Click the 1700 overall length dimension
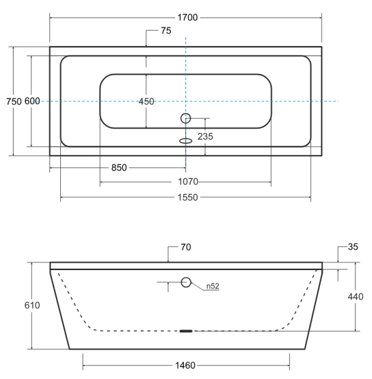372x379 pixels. point(188,18)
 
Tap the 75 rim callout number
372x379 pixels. point(166,31)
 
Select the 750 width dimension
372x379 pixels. point(14,102)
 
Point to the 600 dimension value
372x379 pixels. point(32,101)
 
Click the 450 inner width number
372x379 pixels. point(146,102)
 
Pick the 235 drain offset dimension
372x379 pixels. point(205,137)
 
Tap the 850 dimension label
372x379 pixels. point(119,167)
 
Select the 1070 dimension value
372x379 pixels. point(188,182)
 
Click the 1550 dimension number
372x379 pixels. point(188,197)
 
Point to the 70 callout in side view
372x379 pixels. point(186,247)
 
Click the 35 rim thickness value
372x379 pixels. point(353,247)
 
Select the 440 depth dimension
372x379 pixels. point(355,297)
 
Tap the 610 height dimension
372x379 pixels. point(32,305)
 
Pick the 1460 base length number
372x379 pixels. point(185,365)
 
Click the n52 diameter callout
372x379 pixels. point(213,286)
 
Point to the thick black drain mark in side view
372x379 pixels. point(186,331)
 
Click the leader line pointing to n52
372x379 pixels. point(197,286)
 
